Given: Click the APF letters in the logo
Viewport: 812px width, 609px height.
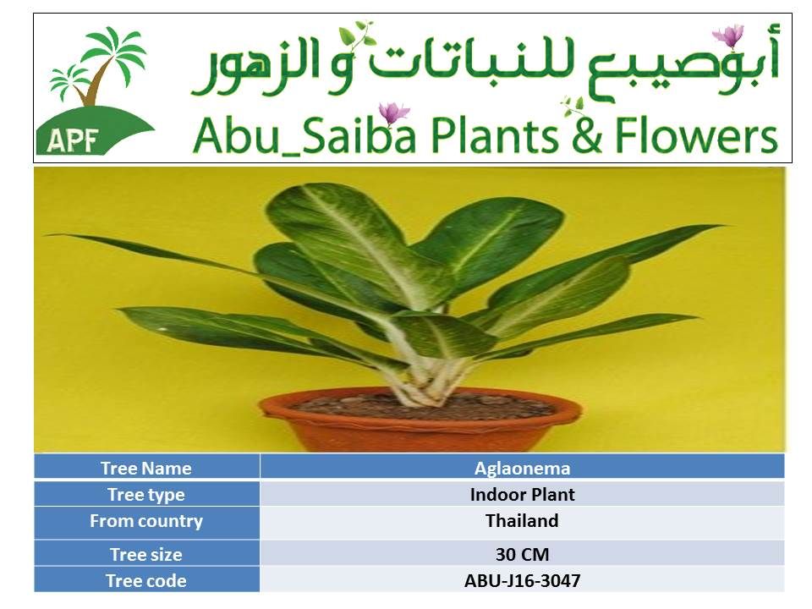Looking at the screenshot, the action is (x=72, y=140).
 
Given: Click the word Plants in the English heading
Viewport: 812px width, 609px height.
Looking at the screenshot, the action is (x=494, y=135).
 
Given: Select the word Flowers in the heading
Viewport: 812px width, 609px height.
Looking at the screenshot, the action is (x=696, y=135).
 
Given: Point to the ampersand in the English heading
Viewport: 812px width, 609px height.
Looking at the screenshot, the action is (x=586, y=135).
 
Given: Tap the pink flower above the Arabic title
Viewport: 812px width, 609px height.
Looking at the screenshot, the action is (x=728, y=36).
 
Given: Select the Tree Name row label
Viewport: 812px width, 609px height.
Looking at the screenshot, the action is (x=146, y=468).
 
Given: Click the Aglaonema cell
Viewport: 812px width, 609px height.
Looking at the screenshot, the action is (x=522, y=468).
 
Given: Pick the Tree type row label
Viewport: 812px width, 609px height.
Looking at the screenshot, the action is (x=146, y=495).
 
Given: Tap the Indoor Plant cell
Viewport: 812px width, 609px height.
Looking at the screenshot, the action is (x=522, y=495).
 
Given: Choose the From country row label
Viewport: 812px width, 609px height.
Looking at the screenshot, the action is (x=146, y=521).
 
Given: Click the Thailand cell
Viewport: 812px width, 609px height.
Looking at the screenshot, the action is (x=522, y=520).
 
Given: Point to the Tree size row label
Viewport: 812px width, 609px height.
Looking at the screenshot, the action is (x=146, y=555).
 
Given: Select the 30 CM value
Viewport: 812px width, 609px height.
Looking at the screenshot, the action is (x=522, y=555).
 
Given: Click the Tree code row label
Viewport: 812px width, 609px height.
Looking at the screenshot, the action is (x=146, y=580).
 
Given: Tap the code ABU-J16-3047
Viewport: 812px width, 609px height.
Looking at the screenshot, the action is (x=522, y=580).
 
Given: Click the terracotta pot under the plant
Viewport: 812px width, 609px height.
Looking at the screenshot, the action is (x=420, y=425).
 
